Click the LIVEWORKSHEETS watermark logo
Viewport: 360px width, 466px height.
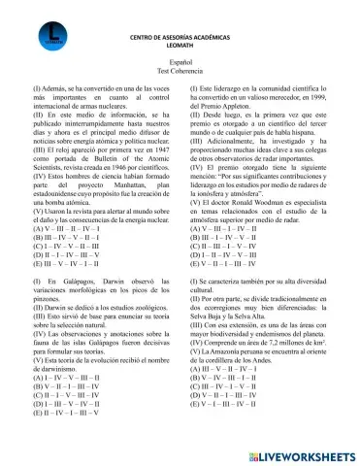[x=294, y=453]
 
